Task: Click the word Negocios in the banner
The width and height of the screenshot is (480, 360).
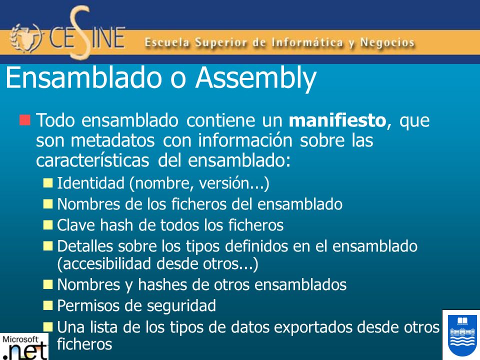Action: click(385, 43)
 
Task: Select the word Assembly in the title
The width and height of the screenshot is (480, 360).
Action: click(255, 78)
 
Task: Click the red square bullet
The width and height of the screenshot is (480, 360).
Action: click(25, 120)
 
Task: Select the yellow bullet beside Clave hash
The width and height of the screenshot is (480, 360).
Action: click(48, 225)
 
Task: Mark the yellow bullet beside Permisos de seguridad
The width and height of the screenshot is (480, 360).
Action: click(48, 304)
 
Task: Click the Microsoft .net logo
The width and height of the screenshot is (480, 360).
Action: click(24, 346)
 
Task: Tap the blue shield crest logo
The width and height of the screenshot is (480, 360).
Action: click(460, 334)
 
